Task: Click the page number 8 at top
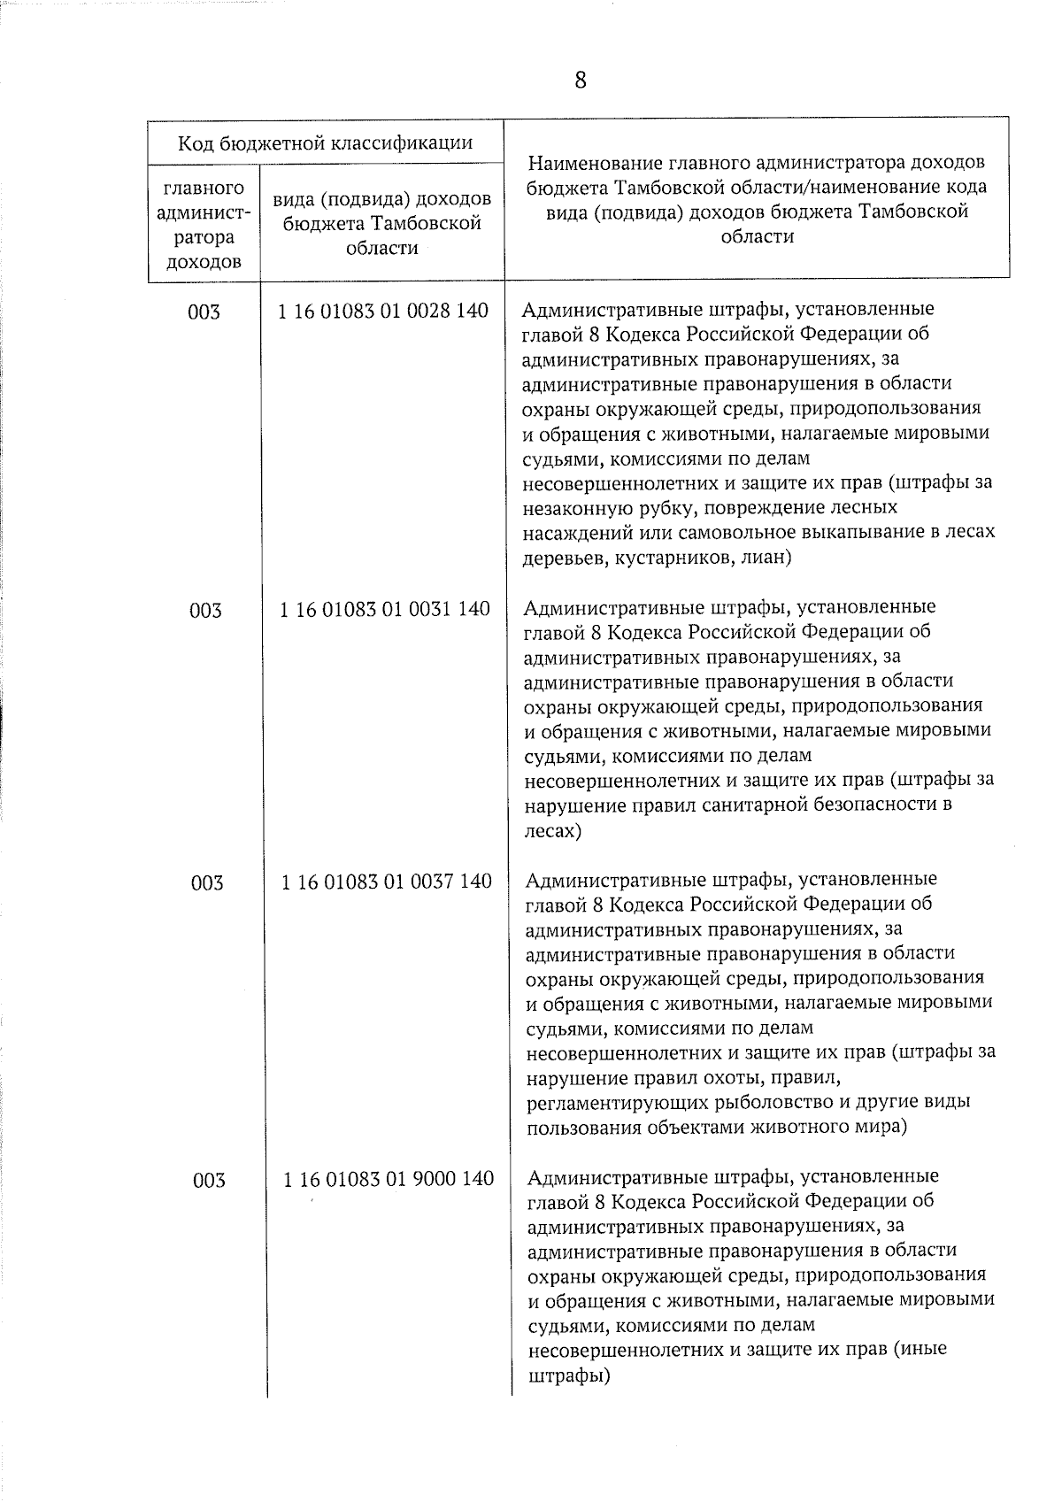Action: pyautogui.click(x=581, y=81)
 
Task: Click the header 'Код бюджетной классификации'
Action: pyautogui.click(x=326, y=142)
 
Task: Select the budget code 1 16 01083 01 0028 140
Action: pyautogui.click(x=382, y=312)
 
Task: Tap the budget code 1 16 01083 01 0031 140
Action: pyautogui.click(x=384, y=609)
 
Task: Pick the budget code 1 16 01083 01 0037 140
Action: pyautogui.click(x=386, y=882)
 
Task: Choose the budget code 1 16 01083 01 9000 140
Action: pyautogui.click(x=388, y=1179)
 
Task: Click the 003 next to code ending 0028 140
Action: pyautogui.click(x=204, y=312)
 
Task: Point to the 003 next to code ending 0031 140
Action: pyautogui.click(x=205, y=610)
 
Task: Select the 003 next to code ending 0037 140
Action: pyautogui.click(x=207, y=882)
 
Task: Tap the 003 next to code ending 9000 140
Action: pyautogui.click(x=209, y=1180)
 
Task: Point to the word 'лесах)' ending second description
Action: pyautogui.click(x=552, y=831)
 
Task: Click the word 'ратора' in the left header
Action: pyautogui.click(x=204, y=237)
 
